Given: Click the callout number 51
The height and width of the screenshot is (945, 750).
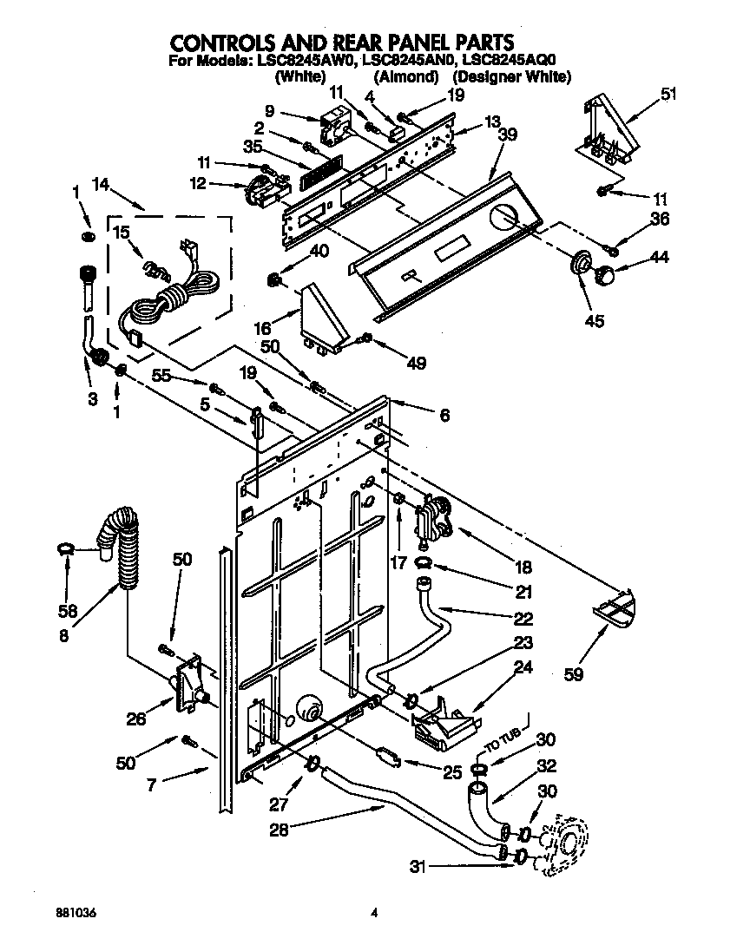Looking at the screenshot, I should click(668, 95).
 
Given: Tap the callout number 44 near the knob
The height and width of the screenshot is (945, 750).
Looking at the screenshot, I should click(661, 257).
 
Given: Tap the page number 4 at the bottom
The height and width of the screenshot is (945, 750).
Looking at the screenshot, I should click(375, 912).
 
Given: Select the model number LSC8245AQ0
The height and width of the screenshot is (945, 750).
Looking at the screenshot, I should click(507, 61).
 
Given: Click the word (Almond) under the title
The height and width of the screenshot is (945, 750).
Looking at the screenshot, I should click(405, 77).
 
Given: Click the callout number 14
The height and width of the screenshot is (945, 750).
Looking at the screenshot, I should click(100, 184).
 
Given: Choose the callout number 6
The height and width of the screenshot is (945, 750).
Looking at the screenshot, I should click(444, 417).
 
